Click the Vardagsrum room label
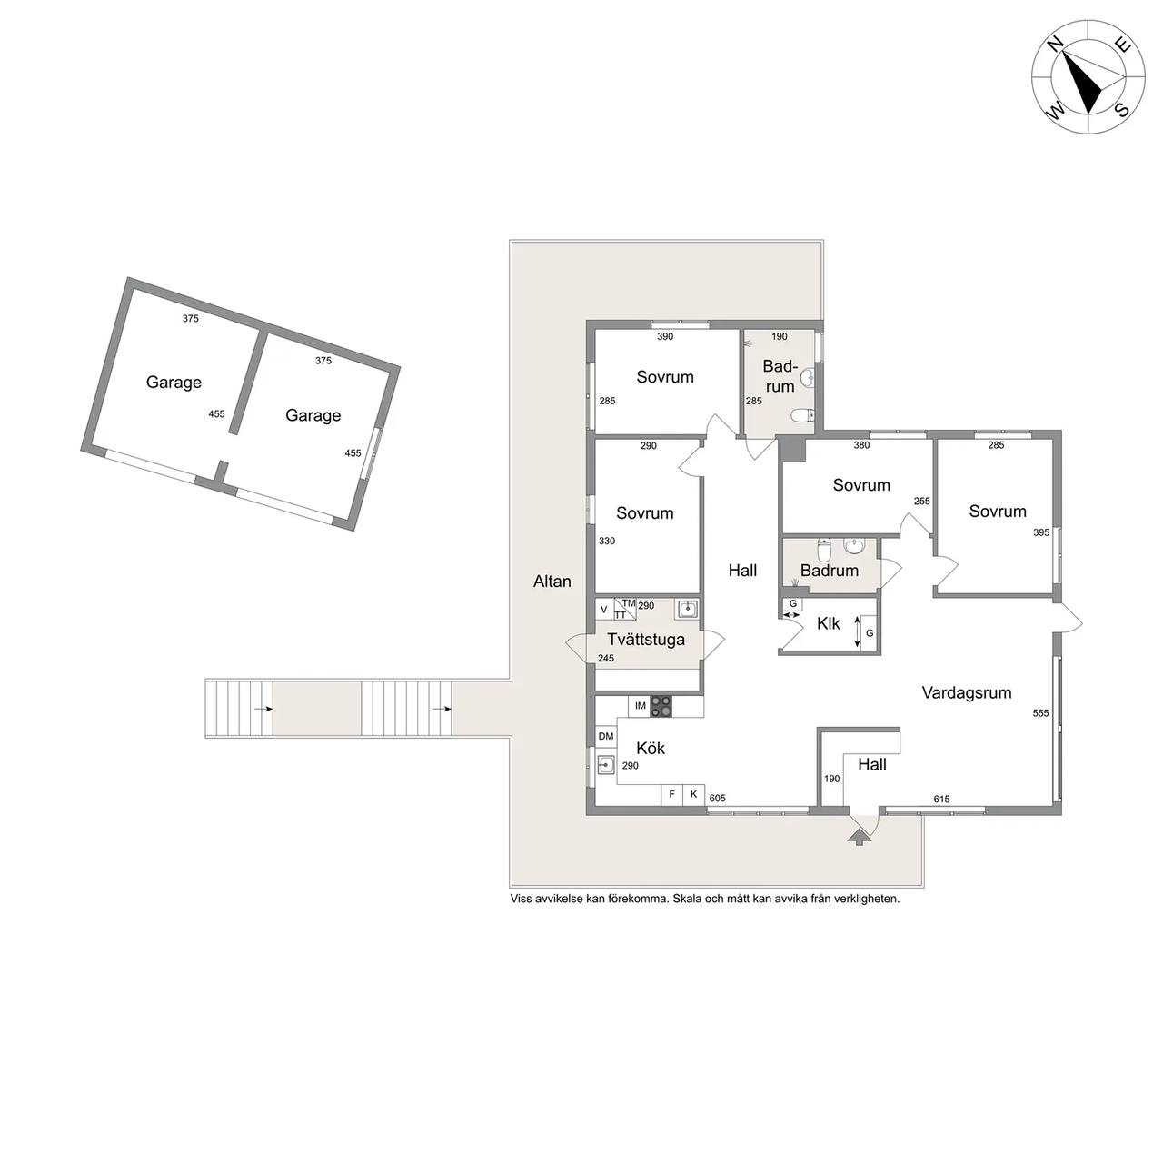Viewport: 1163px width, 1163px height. (x=966, y=693)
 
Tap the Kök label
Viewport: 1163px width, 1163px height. (x=651, y=749)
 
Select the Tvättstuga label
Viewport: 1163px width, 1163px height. (x=646, y=640)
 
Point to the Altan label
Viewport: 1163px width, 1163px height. (x=552, y=581)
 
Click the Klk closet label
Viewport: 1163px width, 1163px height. (x=828, y=623)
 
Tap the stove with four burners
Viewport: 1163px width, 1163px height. (x=661, y=706)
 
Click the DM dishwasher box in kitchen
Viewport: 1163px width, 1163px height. (x=606, y=736)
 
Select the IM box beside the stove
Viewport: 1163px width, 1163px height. (x=640, y=706)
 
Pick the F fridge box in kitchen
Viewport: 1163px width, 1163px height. (x=671, y=795)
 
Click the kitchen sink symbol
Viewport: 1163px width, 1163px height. (x=605, y=765)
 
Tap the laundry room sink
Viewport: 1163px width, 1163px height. (x=688, y=609)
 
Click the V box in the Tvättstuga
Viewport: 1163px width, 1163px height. (x=604, y=610)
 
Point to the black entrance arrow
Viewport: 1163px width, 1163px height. (x=860, y=837)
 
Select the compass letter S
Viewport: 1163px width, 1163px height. (x=1122, y=110)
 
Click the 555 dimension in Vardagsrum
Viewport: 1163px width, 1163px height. (x=1040, y=712)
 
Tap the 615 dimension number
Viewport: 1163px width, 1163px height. (x=941, y=799)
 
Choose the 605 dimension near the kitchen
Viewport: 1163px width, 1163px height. (x=717, y=798)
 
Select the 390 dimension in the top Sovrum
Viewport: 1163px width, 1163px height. (x=665, y=337)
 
